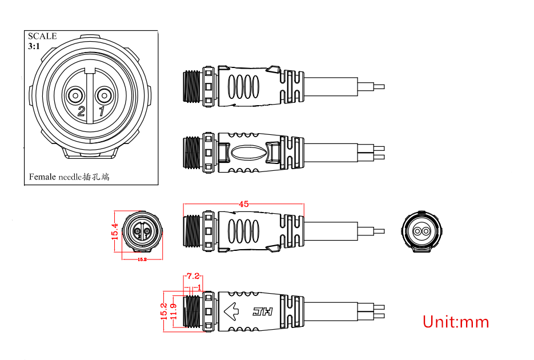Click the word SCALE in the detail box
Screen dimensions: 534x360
click(x=42, y=36)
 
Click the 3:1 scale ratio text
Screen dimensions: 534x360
click(x=34, y=46)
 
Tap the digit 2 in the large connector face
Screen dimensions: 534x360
click(x=81, y=111)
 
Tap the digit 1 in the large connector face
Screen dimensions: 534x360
click(x=101, y=111)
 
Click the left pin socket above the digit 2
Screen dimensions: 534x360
click(x=75, y=95)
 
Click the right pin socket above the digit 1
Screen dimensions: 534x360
click(x=103, y=95)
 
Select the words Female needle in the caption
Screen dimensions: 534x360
click(x=55, y=177)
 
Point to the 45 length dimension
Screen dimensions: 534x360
click(x=243, y=204)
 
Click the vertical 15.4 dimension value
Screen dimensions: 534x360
click(x=115, y=231)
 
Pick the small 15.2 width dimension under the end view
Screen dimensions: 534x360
click(x=142, y=259)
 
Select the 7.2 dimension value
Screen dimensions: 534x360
click(x=193, y=276)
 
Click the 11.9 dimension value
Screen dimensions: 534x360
click(x=174, y=311)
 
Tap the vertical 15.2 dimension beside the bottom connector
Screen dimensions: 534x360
click(x=164, y=311)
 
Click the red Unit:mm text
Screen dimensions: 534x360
click(x=456, y=322)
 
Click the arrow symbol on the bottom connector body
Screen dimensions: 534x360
click(x=231, y=311)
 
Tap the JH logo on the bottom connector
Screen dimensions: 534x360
click(x=263, y=311)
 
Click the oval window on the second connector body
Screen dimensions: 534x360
click(x=248, y=152)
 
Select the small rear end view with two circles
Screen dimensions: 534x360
click(x=421, y=231)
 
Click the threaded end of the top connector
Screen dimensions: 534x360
click(x=192, y=86)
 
